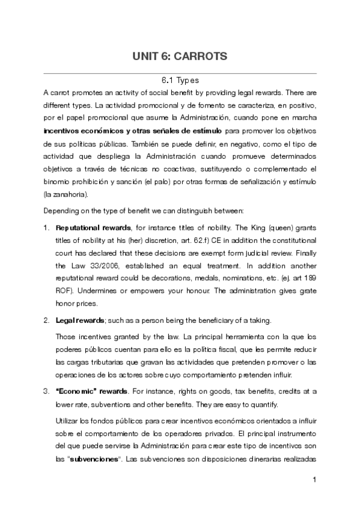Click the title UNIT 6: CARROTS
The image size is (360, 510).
[x=180, y=57]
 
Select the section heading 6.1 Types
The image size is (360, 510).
[x=180, y=80]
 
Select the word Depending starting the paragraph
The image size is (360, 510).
[x=63, y=211]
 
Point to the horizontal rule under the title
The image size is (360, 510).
[x=180, y=73]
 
